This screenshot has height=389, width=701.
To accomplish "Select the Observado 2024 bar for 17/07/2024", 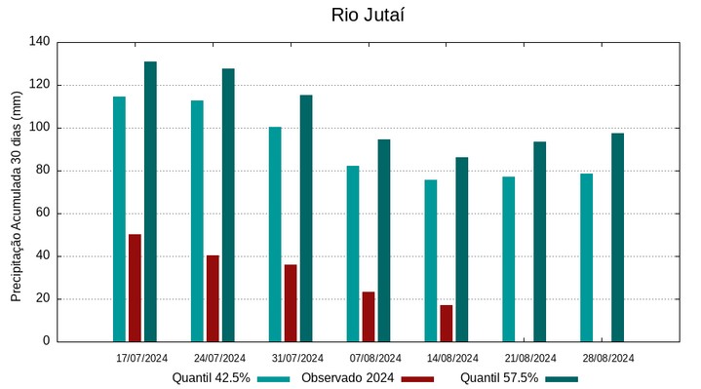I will [x=135, y=288].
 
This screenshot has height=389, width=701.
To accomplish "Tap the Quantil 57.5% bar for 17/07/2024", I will [x=150, y=202].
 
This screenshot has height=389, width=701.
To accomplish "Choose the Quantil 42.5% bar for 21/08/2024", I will [x=509, y=258].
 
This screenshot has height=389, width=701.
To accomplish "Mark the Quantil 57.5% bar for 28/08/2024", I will [x=618, y=237].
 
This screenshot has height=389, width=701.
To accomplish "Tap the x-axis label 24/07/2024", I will [x=219, y=358].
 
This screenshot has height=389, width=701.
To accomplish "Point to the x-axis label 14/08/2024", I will [x=452, y=358].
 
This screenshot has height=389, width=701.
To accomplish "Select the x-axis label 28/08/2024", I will [x=607, y=358].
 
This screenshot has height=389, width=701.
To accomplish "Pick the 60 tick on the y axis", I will [x=43, y=214].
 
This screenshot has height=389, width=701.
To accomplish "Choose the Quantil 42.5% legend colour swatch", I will [x=274, y=378].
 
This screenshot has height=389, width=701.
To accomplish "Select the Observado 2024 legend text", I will [x=347, y=378].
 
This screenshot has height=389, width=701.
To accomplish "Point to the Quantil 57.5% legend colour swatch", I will [x=562, y=378].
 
